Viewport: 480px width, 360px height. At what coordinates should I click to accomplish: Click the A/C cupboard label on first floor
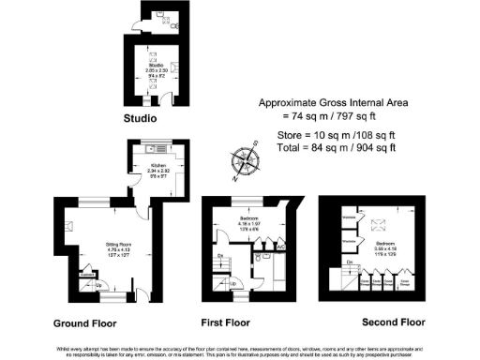(x=281, y=257)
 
